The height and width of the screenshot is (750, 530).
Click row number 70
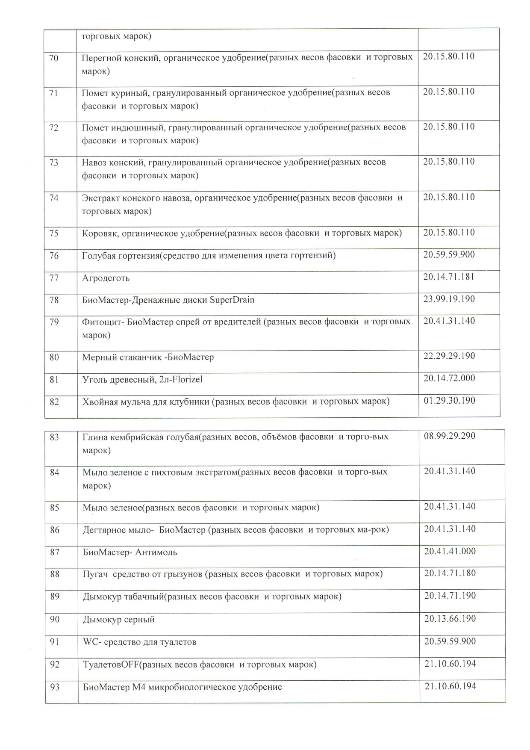pos(54,58)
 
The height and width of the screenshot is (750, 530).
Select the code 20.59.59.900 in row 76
pos(449,255)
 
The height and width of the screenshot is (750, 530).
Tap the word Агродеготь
pos(106,278)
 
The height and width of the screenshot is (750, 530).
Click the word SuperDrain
pos(232,300)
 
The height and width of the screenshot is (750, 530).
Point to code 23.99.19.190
pos(449,299)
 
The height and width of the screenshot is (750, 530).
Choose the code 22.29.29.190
pos(449,356)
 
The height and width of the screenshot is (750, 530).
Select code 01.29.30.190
pos(449,401)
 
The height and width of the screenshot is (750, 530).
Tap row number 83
pos(55,437)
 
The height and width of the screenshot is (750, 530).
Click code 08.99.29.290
pos(450,436)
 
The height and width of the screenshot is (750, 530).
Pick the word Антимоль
pos(156,552)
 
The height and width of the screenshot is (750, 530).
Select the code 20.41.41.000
pos(450,551)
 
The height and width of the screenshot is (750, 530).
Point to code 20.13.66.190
pos(450,619)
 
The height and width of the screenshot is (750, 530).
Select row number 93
pos(55,687)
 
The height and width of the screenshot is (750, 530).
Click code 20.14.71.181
pos(449,277)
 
